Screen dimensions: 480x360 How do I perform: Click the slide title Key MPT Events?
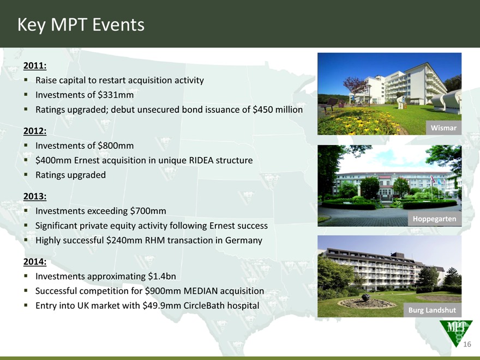pos(81,25)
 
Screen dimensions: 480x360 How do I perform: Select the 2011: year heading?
pos(35,65)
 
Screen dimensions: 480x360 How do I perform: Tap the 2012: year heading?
pos(35,131)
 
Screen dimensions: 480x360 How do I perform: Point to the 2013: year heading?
pos(35,196)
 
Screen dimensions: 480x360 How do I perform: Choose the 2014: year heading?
pos(35,262)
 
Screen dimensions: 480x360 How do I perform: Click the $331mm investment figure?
pos(116,95)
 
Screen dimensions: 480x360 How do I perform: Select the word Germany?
pos(244,241)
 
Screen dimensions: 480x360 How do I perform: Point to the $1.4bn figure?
pos(162,277)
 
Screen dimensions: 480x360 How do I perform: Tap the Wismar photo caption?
pos(443,128)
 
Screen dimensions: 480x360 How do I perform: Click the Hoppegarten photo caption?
pos(434,219)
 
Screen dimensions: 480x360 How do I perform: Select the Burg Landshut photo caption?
pos(432,310)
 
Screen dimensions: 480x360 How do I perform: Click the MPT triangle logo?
pos(456,332)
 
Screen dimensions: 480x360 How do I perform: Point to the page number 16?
pos(467,344)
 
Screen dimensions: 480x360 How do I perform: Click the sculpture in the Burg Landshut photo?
pos(366,297)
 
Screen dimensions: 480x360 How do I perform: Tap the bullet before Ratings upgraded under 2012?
pos(26,175)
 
